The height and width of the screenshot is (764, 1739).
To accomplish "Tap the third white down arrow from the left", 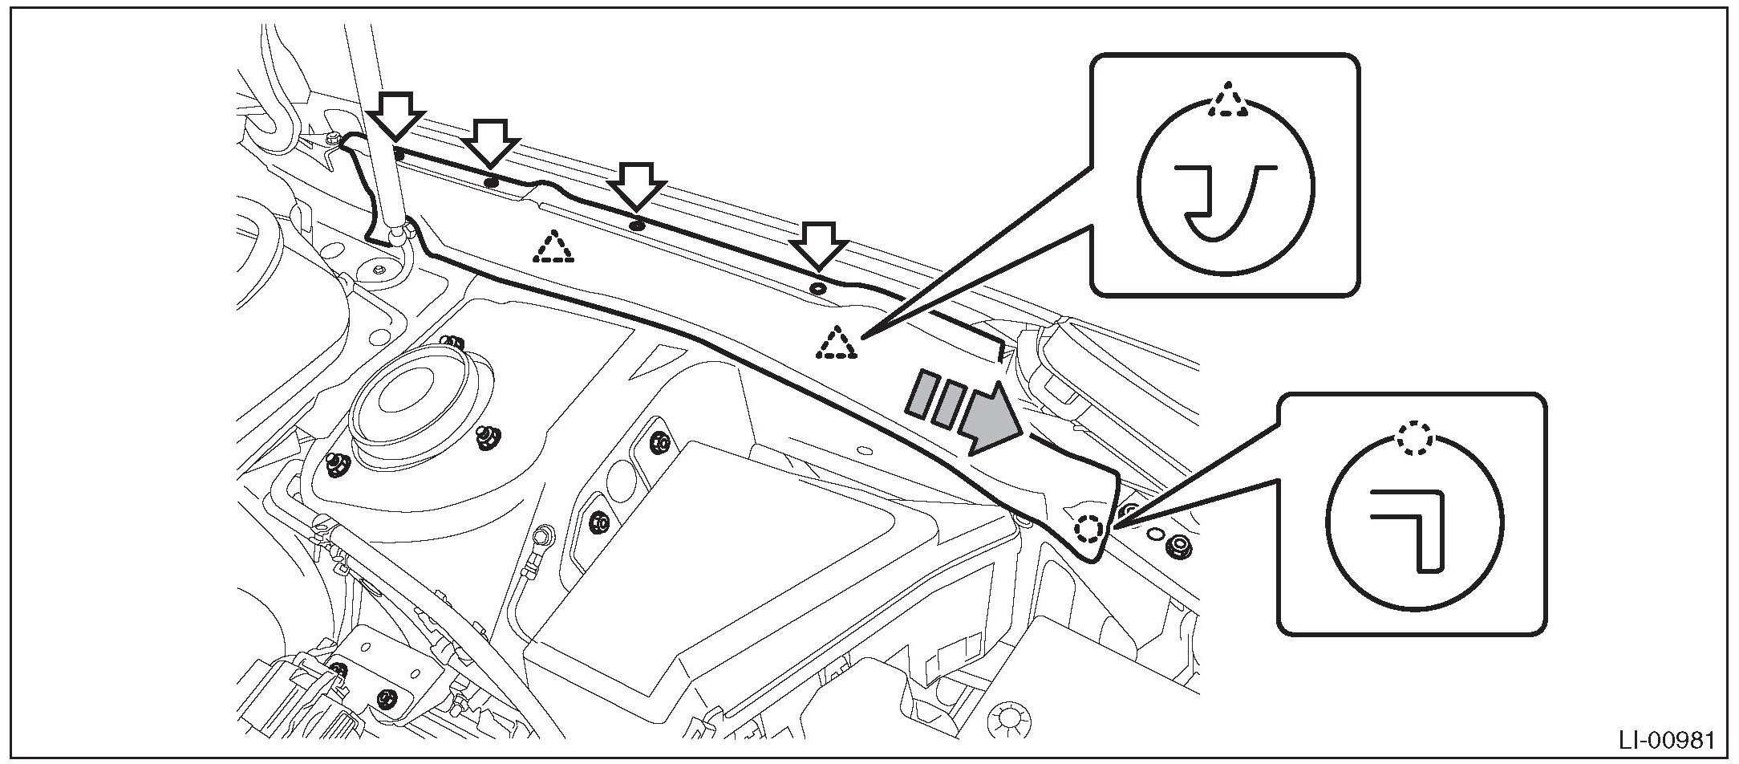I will tap(637, 186).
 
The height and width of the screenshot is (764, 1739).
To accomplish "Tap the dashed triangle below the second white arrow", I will tap(553, 249).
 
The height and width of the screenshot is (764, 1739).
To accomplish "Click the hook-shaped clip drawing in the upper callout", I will tap(1219, 201).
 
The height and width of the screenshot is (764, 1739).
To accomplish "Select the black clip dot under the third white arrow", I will tap(637, 226).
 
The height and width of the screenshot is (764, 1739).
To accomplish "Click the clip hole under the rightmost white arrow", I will tap(817, 287).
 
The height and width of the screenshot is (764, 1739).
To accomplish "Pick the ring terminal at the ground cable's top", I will tap(544, 534).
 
